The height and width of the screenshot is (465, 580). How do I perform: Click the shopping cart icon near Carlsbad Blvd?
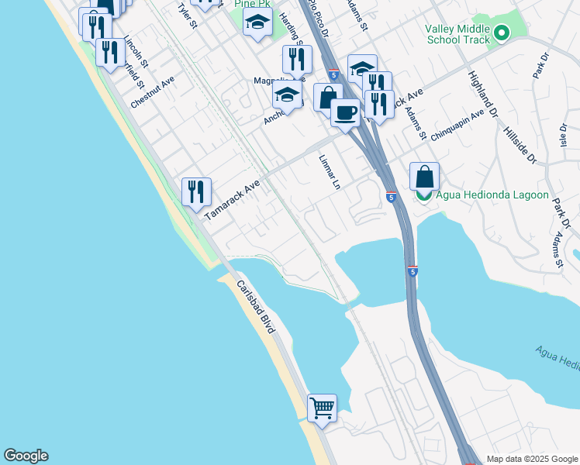click(x=322, y=406)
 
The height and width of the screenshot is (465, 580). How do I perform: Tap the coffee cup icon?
click(x=345, y=112)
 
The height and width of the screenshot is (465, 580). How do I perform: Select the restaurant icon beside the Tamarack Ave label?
click(x=196, y=191)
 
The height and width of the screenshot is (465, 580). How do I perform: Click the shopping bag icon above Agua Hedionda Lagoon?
click(x=424, y=176)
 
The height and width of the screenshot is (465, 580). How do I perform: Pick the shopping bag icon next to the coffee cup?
click(x=328, y=97)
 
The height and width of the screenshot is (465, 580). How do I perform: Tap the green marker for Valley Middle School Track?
click(x=501, y=33)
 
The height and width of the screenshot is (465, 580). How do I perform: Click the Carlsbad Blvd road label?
click(x=255, y=308)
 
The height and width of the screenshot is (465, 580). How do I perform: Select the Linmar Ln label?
click(x=330, y=171)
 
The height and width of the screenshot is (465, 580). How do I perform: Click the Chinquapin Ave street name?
click(x=457, y=124)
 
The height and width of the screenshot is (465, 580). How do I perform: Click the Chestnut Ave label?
click(x=153, y=92)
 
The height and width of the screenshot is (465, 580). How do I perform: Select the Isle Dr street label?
click(x=564, y=136)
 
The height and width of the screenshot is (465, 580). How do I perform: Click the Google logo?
click(x=26, y=456)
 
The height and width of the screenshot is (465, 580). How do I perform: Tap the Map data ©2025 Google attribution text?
click(x=532, y=459)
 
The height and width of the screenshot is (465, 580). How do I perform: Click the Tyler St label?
click(x=188, y=15)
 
